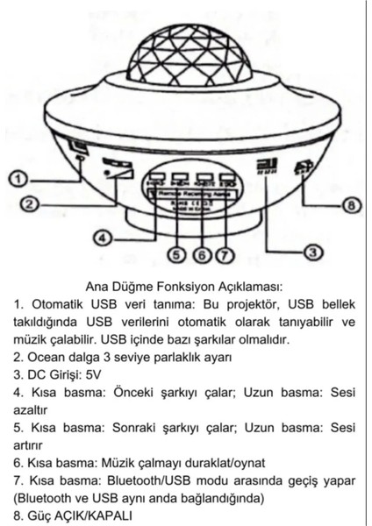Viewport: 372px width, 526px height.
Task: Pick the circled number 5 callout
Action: [x=176, y=255]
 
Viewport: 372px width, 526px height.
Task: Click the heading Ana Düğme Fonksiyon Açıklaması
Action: [x=186, y=286]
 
